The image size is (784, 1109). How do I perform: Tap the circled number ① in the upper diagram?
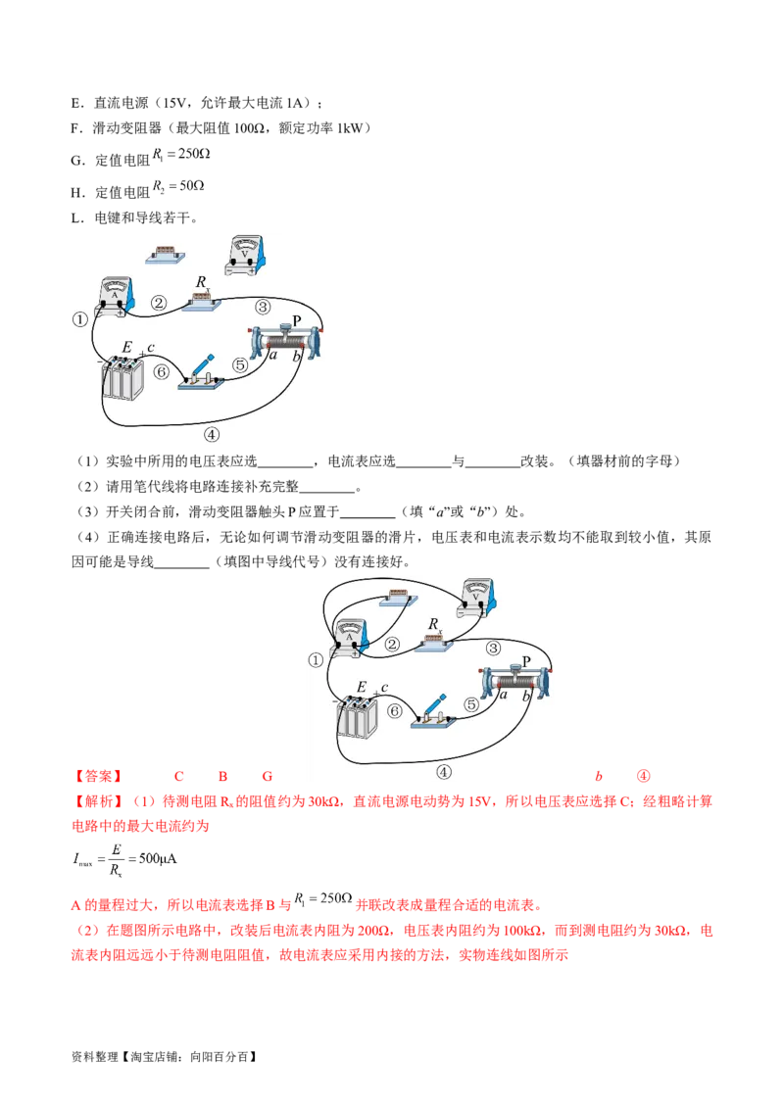click(x=80, y=318)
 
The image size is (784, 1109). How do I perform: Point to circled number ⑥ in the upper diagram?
click(x=163, y=372)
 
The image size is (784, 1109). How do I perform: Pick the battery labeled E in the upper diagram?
click(x=124, y=380)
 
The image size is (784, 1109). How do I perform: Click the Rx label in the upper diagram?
click(x=202, y=282)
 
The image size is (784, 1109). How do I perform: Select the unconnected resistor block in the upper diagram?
click(x=166, y=254)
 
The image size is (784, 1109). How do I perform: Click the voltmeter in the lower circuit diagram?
click(x=476, y=598)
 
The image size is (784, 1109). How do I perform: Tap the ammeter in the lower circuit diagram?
click(x=347, y=637)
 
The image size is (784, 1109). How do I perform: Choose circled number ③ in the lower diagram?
click(x=493, y=648)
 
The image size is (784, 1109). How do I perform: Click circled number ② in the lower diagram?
click(x=392, y=644)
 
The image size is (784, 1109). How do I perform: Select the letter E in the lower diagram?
click(x=362, y=688)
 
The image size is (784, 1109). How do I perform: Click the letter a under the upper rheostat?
click(x=273, y=357)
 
